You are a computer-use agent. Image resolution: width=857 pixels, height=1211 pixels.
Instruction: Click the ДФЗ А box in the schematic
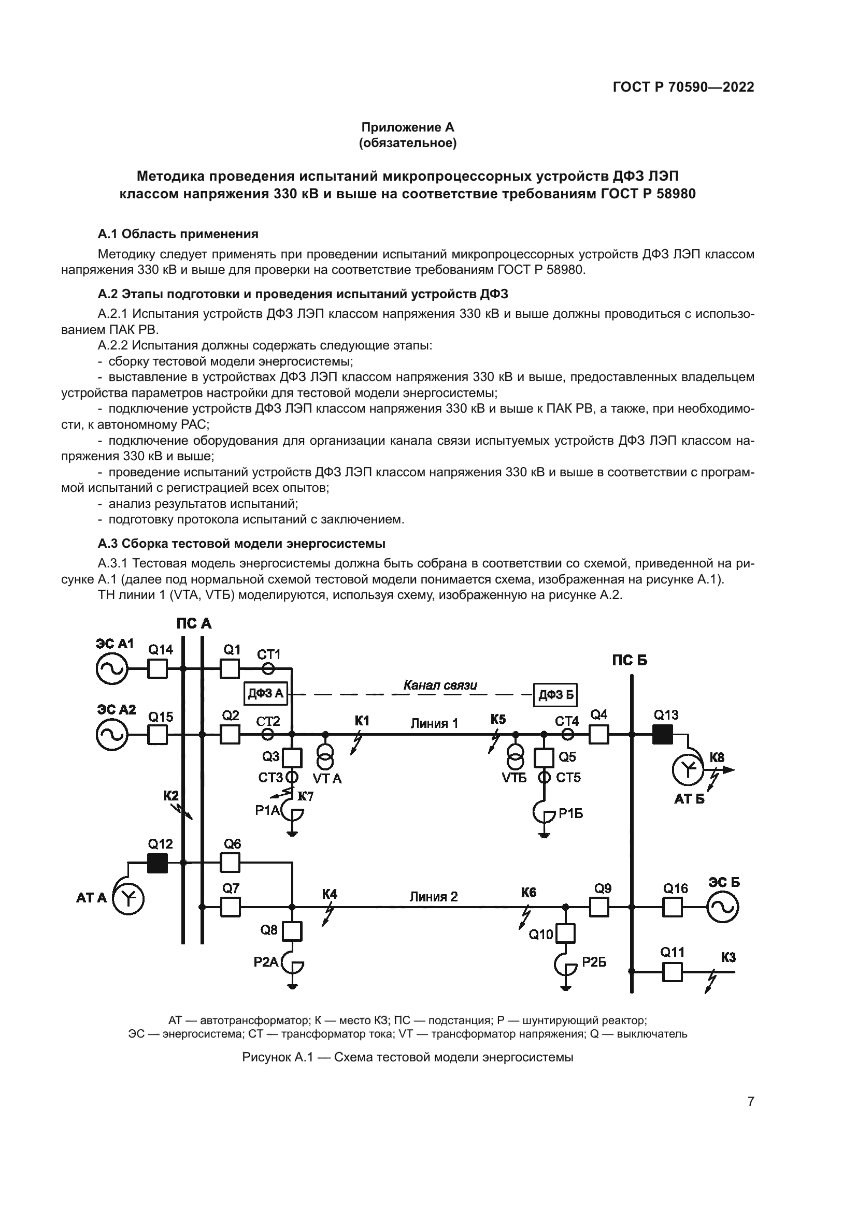266,693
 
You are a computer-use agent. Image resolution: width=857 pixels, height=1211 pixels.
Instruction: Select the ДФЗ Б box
555,695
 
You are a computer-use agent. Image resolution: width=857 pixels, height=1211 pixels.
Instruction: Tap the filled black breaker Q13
662,734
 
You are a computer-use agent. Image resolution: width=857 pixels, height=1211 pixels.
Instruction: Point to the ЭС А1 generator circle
111,669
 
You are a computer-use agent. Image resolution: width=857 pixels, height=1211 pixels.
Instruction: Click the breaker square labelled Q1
230,668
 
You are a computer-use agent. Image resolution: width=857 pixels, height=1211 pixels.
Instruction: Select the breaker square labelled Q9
599,907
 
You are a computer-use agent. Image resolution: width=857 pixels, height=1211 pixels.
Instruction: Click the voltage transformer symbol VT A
325,759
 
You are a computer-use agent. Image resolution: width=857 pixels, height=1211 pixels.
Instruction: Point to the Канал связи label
440,685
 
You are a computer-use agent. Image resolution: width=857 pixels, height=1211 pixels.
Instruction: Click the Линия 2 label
434,897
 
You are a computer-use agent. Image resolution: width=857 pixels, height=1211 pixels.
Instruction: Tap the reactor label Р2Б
594,962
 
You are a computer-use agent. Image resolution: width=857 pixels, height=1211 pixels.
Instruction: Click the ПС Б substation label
630,660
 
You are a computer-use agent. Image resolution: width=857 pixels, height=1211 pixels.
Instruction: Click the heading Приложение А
407,127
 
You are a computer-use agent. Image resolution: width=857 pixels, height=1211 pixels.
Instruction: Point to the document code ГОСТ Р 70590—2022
683,87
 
